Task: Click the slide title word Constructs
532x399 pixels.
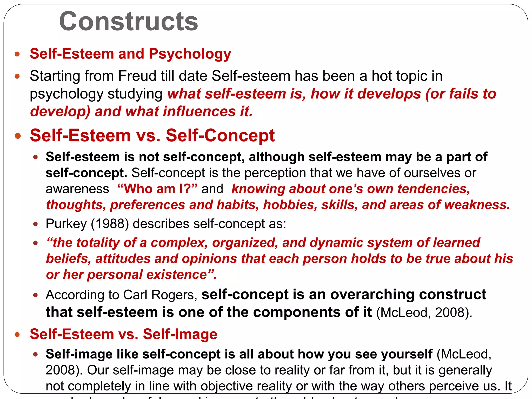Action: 129,21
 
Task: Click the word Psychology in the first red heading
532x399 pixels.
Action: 190,54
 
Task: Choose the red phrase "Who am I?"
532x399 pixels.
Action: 157,189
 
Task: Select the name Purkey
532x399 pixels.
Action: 66,224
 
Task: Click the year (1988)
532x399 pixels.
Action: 110,224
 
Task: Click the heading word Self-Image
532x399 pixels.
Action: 180,334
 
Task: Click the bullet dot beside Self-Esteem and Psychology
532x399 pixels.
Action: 17,54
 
